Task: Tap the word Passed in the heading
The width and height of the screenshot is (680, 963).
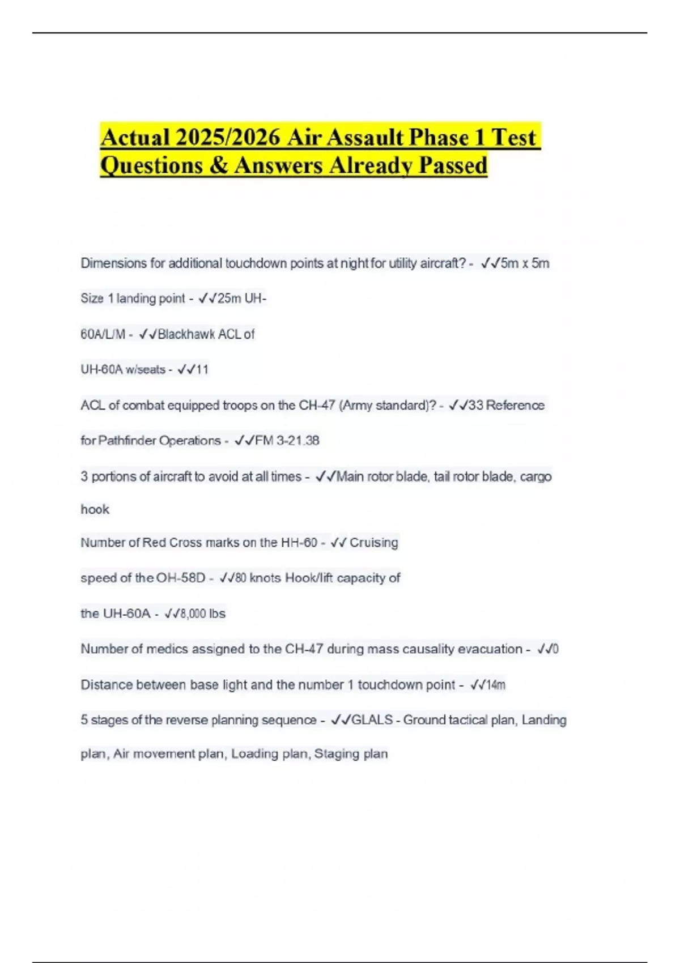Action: (452, 165)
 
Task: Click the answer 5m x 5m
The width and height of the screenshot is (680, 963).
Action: (525, 263)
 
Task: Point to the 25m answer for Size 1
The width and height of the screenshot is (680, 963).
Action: (229, 299)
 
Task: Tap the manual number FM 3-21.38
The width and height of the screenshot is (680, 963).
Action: (287, 441)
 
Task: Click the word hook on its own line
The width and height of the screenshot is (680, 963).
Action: (95, 510)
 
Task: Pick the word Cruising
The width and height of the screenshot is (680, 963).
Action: (373, 543)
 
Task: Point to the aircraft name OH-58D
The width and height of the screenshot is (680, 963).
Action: (181, 578)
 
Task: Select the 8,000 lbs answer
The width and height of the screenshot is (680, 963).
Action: (202, 614)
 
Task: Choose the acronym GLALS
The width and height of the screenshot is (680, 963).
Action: (372, 720)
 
